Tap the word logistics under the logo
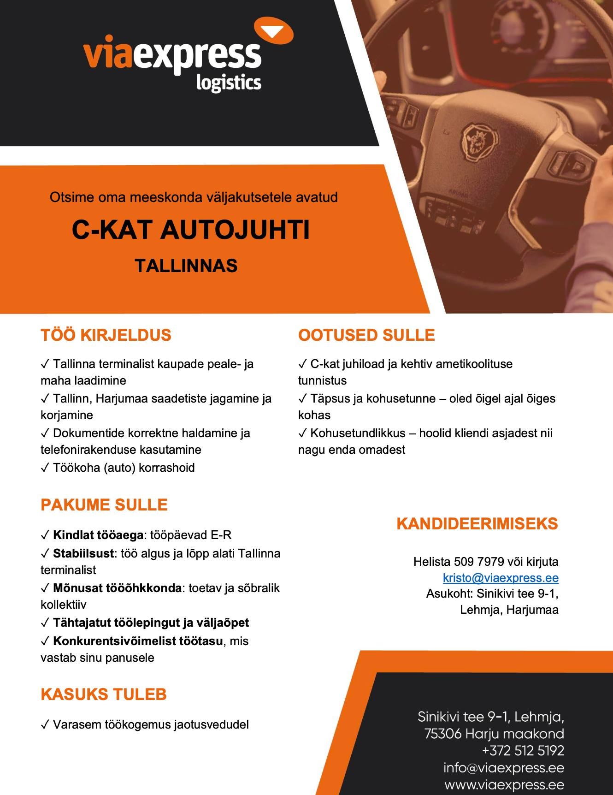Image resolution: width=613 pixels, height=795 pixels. (228, 83)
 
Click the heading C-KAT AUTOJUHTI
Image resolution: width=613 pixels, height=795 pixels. (190, 230)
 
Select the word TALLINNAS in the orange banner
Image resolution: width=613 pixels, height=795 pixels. (186, 266)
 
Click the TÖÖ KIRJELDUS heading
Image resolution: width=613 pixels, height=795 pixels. (106, 335)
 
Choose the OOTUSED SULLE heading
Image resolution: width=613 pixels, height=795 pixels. (366, 335)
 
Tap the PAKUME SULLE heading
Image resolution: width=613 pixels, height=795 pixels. (104, 504)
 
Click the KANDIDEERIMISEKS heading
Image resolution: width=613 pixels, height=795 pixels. (477, 524)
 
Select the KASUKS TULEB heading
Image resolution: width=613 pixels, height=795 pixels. (103, 694)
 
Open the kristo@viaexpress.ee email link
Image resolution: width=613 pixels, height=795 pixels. (501, 578)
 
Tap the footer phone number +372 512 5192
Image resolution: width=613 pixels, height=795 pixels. (523, 750)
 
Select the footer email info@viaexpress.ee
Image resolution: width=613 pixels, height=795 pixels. (503, 767)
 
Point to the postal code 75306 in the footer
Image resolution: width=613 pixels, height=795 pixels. (443, 733)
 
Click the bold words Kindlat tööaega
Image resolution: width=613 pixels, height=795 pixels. (98, 535)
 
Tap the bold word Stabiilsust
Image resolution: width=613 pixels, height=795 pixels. (83, 553)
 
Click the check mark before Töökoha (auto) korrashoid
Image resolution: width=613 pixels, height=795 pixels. (45, 468)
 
